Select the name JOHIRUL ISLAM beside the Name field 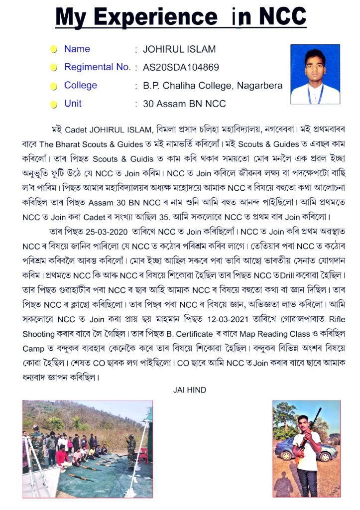(x=179, y=49)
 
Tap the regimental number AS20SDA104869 (x=181, y=67)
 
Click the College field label (x=81, y=85)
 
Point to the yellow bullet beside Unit (x=54, y=105)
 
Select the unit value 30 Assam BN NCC (x=184, y=104)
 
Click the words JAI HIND (x=189, y=390)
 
